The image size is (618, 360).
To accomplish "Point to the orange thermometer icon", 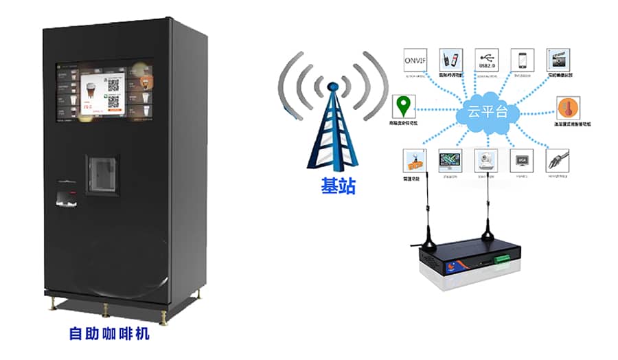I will coord(567,109).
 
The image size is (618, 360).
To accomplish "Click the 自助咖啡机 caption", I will coord(109,335).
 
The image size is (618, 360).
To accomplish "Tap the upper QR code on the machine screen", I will coord(114,85).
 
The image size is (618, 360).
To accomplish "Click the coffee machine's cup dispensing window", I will coord(102,173).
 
